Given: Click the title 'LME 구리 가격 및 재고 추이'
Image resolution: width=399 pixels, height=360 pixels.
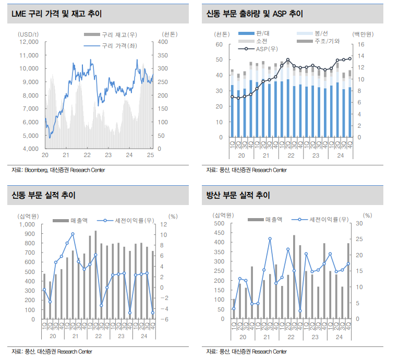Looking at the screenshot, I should click(x=56, y=14).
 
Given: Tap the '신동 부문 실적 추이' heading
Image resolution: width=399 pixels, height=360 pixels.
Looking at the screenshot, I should click(x=44, y=196).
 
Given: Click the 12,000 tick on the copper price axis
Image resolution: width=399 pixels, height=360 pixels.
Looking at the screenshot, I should click(x=29, y=41).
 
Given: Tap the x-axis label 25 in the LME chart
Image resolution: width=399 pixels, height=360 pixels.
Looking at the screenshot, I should click(x=150, y=155).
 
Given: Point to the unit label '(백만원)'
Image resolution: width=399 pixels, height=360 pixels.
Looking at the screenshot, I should click(x=363, y=34).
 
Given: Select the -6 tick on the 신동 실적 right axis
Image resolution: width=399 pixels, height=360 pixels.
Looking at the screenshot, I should click(x=163, y=319).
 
